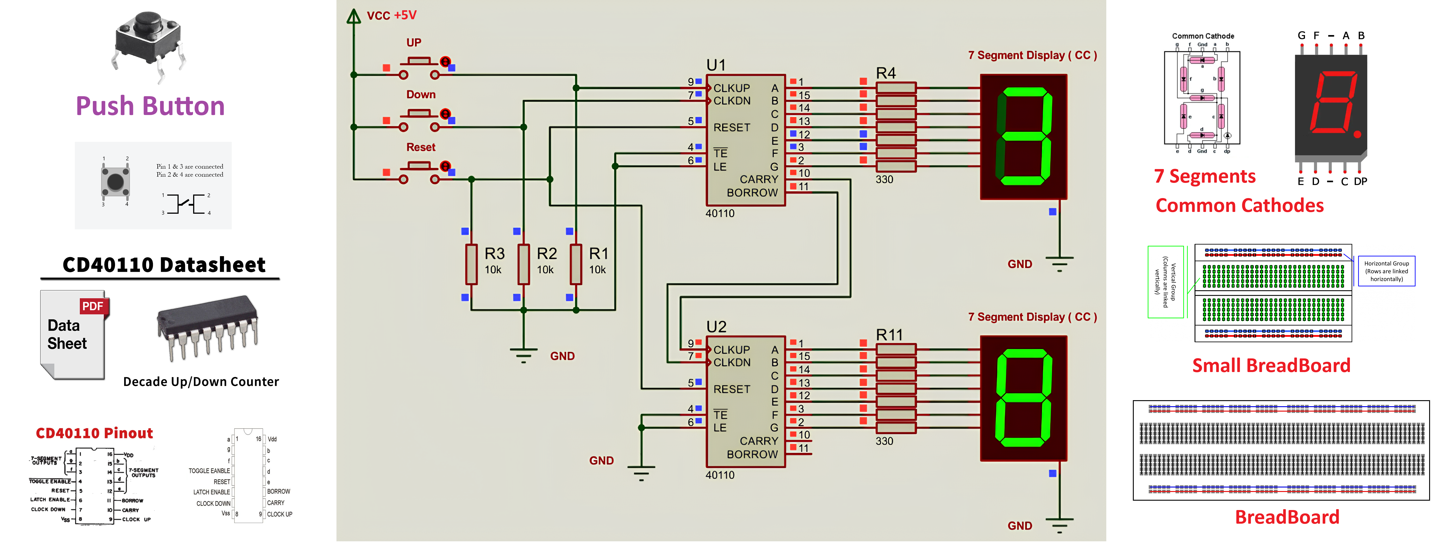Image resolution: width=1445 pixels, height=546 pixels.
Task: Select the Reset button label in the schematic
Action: (421, 147)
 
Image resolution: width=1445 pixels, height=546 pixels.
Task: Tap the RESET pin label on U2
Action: (731, 389)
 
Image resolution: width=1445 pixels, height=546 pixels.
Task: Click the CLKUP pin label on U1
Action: (731, 88)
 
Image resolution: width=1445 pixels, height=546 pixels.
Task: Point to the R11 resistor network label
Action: (889, 335)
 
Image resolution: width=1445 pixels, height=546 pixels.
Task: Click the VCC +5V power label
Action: (392, 15)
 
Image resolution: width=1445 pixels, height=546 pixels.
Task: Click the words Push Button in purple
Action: (150, 106)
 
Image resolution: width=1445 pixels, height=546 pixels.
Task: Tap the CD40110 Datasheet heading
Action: (164, 264)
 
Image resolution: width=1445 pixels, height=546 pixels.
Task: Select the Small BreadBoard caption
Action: (1271, 365)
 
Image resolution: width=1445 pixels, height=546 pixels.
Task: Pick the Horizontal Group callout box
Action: (1386, 271)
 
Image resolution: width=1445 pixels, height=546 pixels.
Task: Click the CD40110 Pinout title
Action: (94, 433)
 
